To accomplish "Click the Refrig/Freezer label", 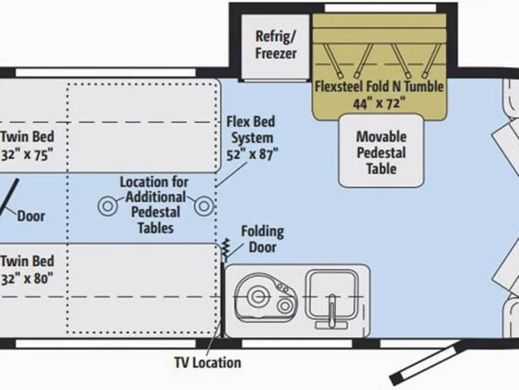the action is coord(276,45).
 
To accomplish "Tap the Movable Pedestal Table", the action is coord(381,151).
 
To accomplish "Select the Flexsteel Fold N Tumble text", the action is coord(379,87).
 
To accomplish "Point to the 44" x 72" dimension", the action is coord(379,104).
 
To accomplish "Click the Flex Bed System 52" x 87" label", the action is coord(251,138).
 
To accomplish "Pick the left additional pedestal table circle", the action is coord(108,206).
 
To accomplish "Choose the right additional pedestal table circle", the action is coord(204,206).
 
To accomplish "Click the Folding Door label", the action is coord(262,240).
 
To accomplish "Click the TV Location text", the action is coord(208,362).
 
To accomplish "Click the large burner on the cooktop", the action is coord(257,296).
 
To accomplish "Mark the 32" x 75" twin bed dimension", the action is coord(27,155).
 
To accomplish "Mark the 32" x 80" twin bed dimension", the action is coord(27,279).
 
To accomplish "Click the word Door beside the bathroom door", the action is coord(31,216).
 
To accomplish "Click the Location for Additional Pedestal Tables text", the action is coord(154,205).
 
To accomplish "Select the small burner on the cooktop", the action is coord(285,306).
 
